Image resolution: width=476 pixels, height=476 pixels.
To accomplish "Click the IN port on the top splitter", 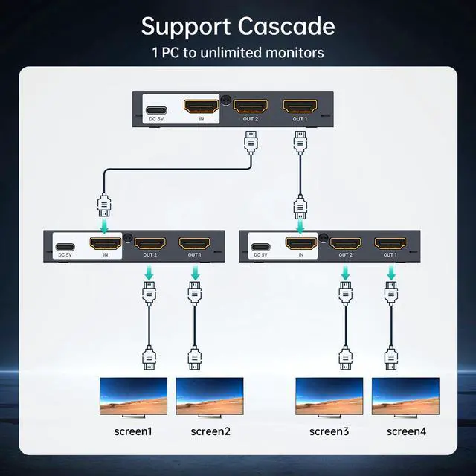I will (x=201, y=106).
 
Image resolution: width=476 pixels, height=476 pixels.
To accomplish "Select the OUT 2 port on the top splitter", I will (x=251, y=106).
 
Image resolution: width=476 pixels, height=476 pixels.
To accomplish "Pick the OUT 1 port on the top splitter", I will (x=300, y=106).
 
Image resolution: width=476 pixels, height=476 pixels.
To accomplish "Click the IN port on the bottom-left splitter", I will (x=105, y=243).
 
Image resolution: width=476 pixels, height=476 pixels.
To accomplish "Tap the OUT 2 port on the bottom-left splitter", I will (x=149, y=243).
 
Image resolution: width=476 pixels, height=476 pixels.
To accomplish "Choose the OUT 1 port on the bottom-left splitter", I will (x=195, y=243).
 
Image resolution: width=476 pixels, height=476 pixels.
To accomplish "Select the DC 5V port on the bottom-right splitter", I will (x=260, y=248).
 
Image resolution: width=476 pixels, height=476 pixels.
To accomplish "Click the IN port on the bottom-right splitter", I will (x=301, y=243).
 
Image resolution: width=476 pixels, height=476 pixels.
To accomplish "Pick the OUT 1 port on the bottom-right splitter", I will (x=390, y=243).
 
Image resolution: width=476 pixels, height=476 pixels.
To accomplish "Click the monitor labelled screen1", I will (x=133, y=395).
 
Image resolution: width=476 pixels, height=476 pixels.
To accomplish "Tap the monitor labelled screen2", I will (x=210, y=395).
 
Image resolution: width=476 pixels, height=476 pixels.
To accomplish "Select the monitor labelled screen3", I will (x=329, y=395).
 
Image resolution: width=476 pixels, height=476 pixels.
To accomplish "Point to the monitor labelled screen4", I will (x=405, y=395).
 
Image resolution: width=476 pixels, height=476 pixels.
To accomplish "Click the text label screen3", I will (x=329, y=431).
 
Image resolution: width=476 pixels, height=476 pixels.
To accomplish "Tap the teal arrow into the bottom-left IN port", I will (x=105, y=224).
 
